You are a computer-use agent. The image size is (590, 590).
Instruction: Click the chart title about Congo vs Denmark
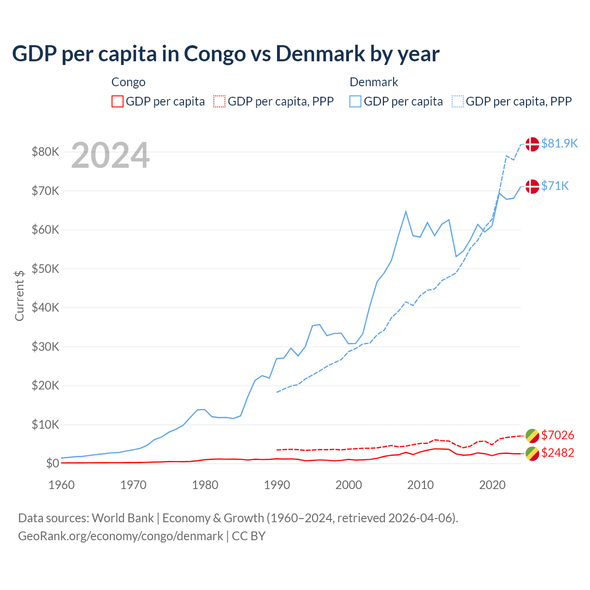coord(226,53)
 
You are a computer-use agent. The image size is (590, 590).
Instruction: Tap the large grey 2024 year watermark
coord(110,155)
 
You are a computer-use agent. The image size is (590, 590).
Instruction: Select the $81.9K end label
coord(559,143)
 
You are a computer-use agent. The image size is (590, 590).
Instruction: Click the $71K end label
coord(555,186)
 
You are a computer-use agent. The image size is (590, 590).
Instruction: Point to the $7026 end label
coord(557,435)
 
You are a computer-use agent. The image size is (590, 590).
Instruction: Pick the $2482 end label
coord(557,453)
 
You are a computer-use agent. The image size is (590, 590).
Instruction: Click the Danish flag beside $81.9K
coord(532,144)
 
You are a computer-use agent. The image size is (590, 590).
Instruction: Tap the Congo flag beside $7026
coord(532,436)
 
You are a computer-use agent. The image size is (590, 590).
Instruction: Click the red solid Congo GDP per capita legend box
coord(118,101)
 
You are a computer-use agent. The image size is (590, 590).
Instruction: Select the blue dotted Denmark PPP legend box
coord(458,101)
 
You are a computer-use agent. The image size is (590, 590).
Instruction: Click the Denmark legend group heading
coord(374,82)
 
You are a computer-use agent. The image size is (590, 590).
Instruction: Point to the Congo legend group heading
coord(129,82)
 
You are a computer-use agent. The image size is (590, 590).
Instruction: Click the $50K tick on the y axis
coord(45,269)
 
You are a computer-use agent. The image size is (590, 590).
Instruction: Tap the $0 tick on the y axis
coord(53,463)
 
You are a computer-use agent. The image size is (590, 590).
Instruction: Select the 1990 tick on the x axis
coord(277,485)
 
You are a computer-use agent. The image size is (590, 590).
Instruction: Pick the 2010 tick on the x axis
coord(420,485)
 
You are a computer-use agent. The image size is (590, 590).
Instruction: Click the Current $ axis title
coord(19,295)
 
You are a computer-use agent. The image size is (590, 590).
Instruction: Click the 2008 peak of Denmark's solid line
coord(406,212)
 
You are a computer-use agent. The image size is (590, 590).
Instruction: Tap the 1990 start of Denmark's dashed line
coord(277,392)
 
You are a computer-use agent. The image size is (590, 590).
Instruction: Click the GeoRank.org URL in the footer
coord(121,536)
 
